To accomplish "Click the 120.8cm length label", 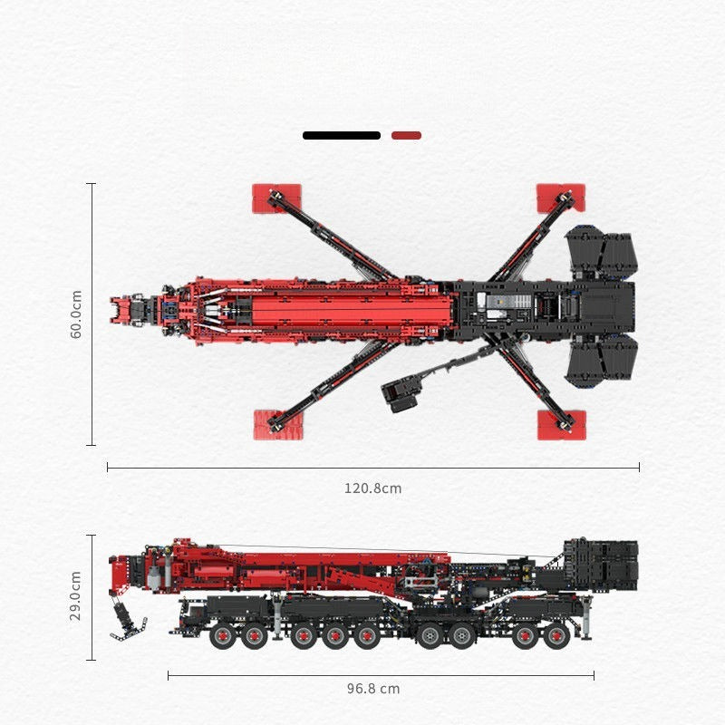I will point(372,488).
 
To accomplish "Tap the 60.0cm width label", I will point(76,314).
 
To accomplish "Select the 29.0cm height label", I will point(76,596).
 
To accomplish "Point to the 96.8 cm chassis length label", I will point(372,689).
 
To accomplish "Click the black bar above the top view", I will point(342,136).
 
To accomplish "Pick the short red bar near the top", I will point(406,136).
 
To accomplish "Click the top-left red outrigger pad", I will point(275,198).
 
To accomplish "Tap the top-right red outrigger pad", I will point(561,197).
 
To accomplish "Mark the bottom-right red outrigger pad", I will point(562,424).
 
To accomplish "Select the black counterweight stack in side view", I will point(600,564).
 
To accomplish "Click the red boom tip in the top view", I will point(121,310).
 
